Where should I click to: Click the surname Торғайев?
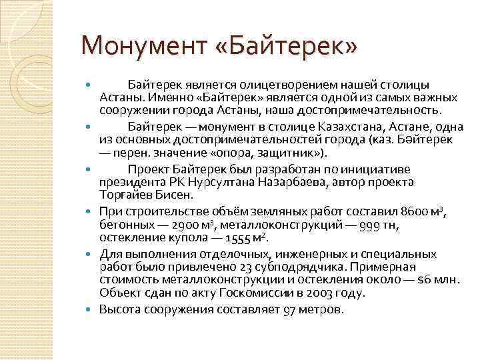pos(127,195)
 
